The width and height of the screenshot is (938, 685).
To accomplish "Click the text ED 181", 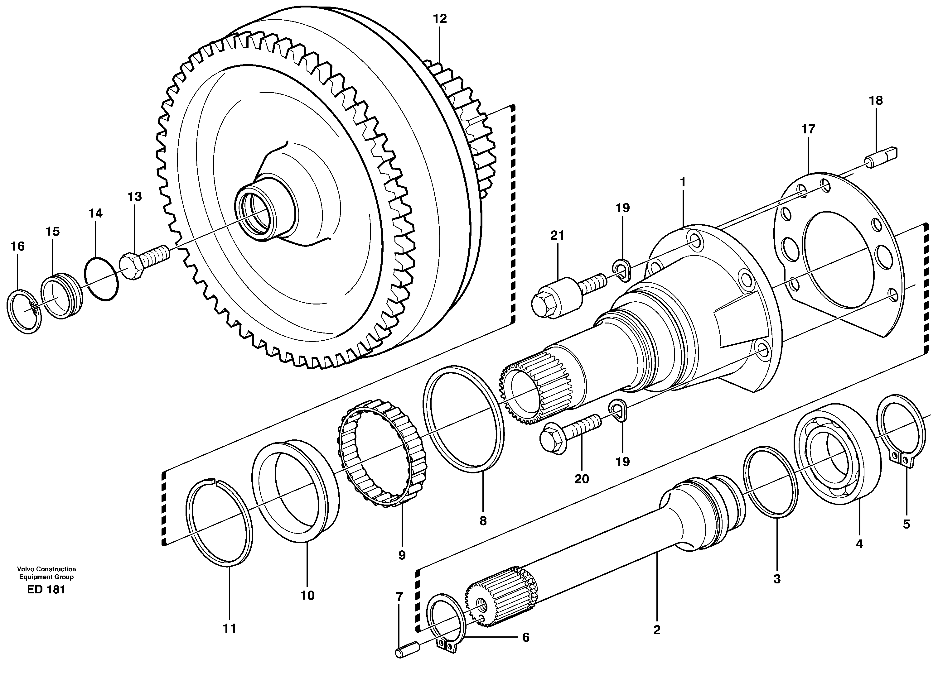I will (x=46, y=590).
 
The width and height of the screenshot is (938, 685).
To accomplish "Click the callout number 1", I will (x=682, y=182).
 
